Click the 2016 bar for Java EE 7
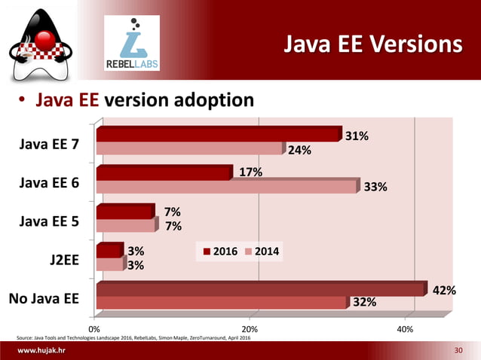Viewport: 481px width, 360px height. point(219,135)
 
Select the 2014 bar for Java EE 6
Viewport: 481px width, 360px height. point(226,186)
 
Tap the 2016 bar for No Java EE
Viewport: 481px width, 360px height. point(260,289)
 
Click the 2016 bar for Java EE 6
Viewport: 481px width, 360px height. point(163,173)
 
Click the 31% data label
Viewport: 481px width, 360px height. point(357,136)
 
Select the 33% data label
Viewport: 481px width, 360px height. point(375,188)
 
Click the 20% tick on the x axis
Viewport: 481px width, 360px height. point(250,329)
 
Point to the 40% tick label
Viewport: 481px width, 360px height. point(405,329)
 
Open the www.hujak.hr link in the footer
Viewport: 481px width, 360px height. point(41,352)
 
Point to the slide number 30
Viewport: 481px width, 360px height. point(459,352)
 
